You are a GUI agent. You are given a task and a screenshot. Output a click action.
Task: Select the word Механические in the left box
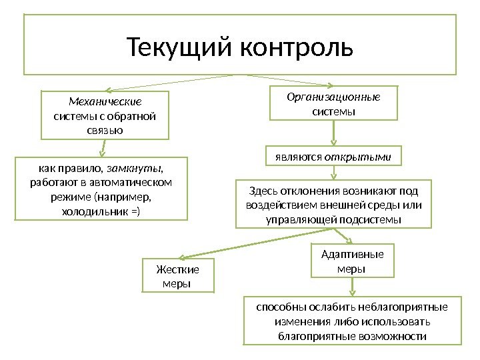click(105, 102)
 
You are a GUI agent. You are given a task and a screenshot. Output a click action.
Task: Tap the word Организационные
click(333, 97)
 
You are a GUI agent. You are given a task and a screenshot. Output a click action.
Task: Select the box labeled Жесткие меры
click(178, 277)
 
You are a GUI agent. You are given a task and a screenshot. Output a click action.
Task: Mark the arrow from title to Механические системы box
click(167, 83)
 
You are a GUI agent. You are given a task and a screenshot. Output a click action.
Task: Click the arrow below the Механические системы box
click(105, 148)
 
